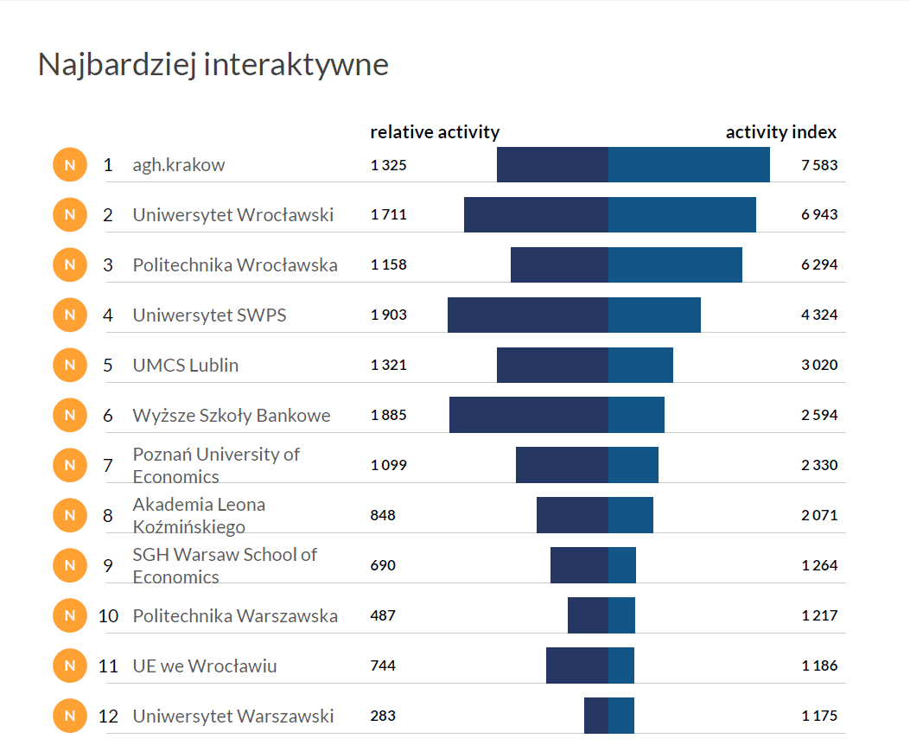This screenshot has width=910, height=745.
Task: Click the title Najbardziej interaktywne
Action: [213, 65]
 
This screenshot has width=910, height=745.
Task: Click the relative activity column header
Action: [435, 132]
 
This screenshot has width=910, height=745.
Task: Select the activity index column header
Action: [780, 132]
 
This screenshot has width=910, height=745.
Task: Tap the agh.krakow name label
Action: [178, 165]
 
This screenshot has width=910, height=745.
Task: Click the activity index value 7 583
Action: [818, 165]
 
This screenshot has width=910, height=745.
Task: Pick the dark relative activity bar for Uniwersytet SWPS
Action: [527, 315]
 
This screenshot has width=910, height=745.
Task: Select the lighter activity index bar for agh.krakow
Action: [689, 165]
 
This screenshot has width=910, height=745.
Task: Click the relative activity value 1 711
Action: [388, 215]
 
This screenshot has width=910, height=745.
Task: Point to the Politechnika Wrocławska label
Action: [234, 265]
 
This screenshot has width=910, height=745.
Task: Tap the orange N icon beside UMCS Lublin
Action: [70, 365]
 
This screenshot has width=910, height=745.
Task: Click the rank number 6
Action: [108, 416]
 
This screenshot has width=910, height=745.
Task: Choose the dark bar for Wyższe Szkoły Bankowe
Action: [528, 415]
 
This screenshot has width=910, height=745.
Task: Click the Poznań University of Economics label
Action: [215, 465]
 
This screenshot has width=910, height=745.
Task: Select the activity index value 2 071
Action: [818, 515]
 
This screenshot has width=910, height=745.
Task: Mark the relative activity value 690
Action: [383, 565]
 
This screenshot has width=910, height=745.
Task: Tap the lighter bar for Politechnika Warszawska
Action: [621, 615]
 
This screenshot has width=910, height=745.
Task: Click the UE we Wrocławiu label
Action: [204, 666]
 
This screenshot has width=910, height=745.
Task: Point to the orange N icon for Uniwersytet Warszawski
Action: [70, 716]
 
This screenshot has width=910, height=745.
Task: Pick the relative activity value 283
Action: [383, 716]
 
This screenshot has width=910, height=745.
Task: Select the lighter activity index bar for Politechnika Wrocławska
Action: [675, 264]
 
